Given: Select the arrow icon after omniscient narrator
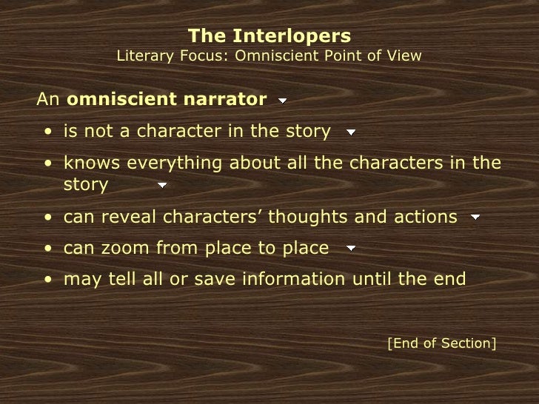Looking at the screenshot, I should coord(283,100).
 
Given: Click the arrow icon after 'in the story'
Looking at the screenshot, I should coord(351,133).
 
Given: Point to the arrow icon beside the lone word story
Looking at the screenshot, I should coord(161,185).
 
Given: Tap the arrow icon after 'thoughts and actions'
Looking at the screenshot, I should coord(475,218).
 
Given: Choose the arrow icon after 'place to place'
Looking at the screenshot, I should coord(351,249).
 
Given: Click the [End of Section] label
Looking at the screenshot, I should coord(442,343).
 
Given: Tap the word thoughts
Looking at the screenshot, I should coord(301,217).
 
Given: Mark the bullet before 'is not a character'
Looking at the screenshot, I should coord(47,133).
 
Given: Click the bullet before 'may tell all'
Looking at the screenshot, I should coord(47,280).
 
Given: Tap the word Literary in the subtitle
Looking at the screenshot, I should coord(145,55).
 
